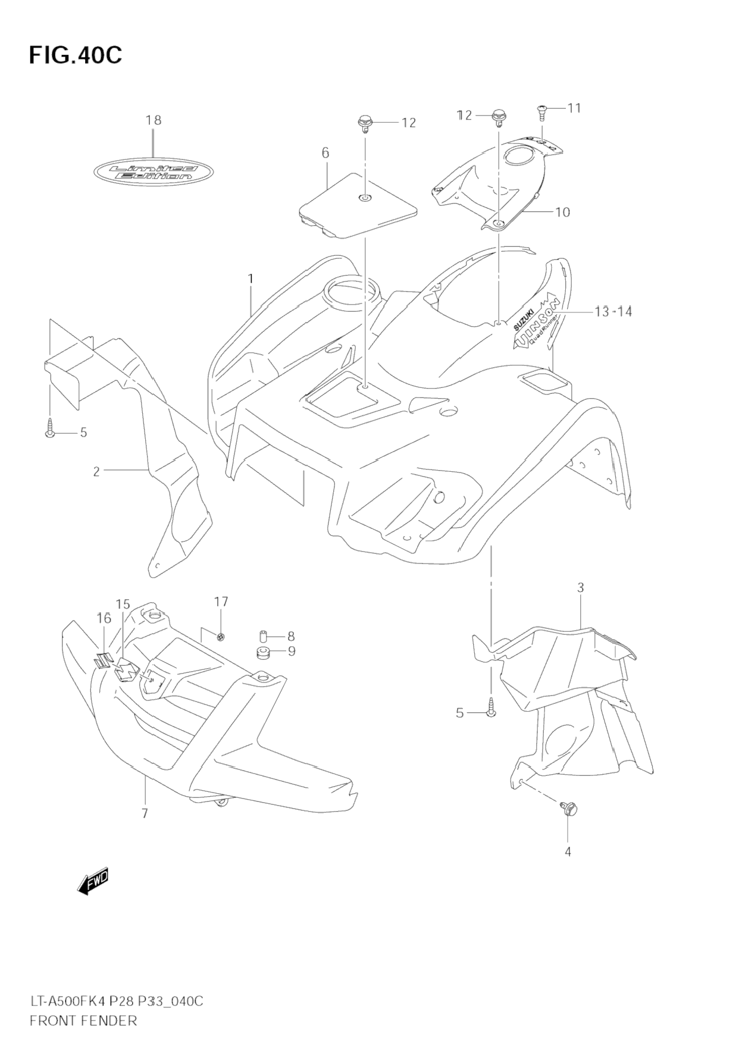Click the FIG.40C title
pos(75,54)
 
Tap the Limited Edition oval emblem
pos(154,173)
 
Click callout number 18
pos(154,120)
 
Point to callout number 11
pos(574,108)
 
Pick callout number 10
pos(562,212)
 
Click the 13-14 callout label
pos(613,311)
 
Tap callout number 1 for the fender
pos(251,278)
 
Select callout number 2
pos(96,472)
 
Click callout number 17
pos(221,602)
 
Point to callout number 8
pos(291,636)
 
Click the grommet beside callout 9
pos(263,652)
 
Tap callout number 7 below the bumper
pos(145,813)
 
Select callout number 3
pos(581,588)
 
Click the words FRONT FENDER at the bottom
pos(83,1021)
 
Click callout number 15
pos(123,605)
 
